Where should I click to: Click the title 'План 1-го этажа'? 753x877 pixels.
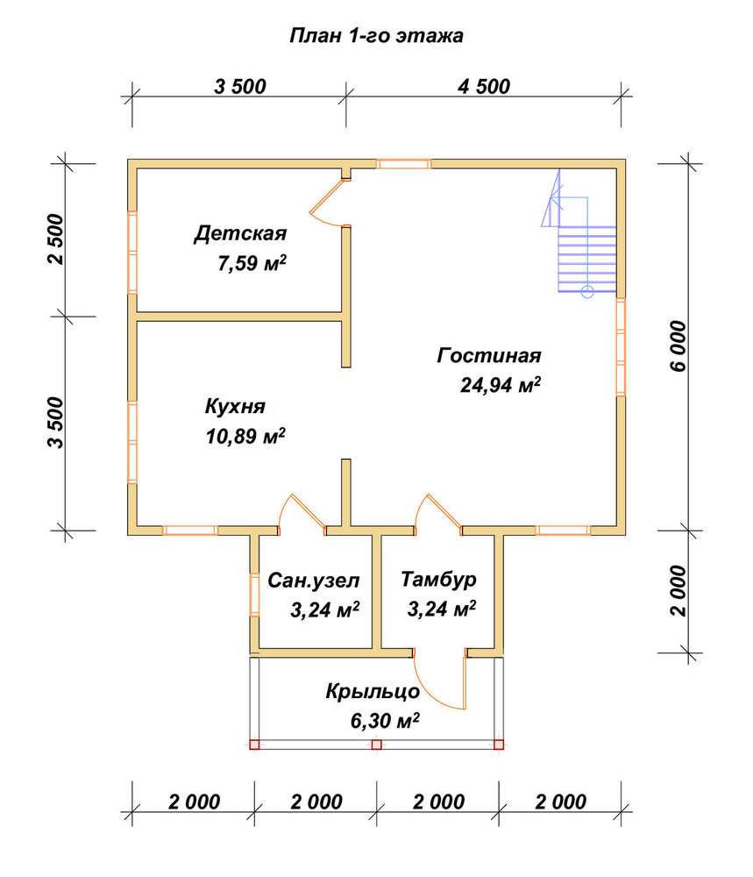pos(376,36)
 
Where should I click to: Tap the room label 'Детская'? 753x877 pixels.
pos(240,233)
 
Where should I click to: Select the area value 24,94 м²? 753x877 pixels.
pos(501,384)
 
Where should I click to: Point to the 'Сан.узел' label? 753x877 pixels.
pos(314,581)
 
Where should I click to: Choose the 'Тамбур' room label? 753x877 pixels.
pos(438,579)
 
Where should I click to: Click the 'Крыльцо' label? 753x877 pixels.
pos(373,692)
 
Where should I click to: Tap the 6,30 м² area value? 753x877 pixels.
pos(385,721)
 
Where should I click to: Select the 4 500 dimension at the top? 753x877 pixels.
pos(484,87)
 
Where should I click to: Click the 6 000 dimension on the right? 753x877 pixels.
pos(678,346)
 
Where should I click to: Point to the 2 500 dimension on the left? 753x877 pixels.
pos(56,239)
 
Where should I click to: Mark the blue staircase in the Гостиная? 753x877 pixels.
pos(579,232)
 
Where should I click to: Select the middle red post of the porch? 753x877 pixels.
pos(377,745)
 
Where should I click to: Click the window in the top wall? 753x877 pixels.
pos(403,164)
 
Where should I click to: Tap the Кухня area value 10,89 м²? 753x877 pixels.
pos(245,436)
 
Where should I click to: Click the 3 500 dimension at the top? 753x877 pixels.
pos(240,87)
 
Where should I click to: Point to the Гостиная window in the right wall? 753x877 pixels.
pos(621,347)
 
